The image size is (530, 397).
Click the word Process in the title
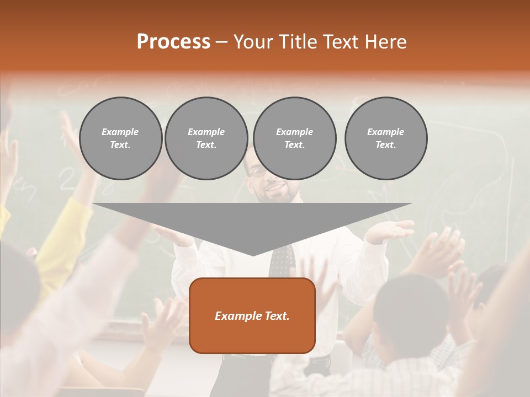(173, 42)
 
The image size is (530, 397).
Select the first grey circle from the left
(120, 138)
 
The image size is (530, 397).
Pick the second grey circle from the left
(206, 138)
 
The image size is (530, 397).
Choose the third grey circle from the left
(294, 138)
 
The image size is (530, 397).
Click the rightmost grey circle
(385, 138)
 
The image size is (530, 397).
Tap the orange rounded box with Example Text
(252, 315)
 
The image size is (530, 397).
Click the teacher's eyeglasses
(258, 171)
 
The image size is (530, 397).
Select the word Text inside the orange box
(277, 316)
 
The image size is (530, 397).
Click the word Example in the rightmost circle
(385, 132)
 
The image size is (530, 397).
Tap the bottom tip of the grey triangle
(253, 255)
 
